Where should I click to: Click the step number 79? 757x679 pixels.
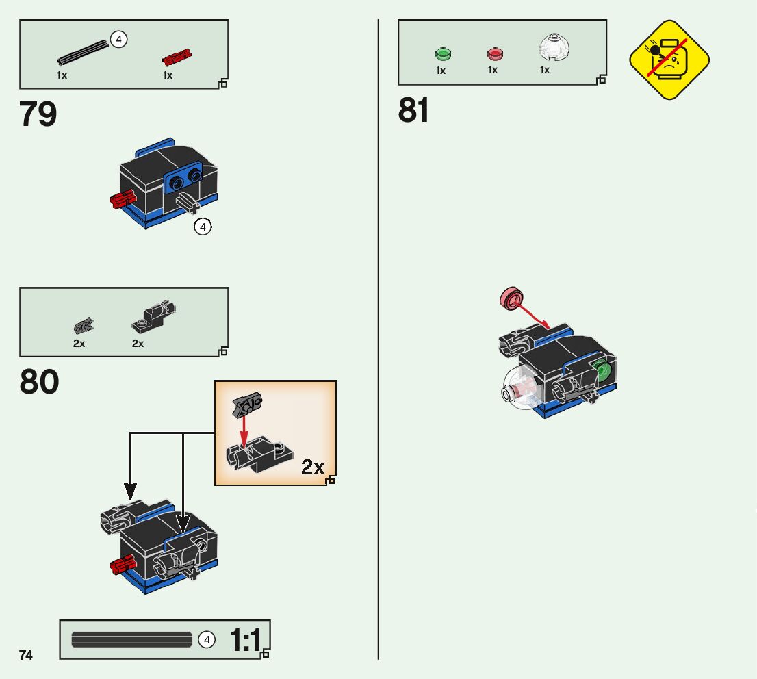click(38, 114)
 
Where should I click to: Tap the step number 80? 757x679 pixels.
click(39, 383)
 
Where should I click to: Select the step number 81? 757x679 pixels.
click(414, 110)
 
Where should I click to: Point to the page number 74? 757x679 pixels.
click(26, 655)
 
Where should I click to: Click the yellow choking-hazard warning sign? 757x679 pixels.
click(669, 60)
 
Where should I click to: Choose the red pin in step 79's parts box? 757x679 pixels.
click(176, 56)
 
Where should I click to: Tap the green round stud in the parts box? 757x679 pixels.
click(443, 53)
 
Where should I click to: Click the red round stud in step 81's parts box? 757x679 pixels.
click(494, 53)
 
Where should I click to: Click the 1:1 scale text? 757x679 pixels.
click(245, 641)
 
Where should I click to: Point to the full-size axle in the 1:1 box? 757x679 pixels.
click(131, 639)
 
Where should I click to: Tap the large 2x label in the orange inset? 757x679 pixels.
click(313, 467)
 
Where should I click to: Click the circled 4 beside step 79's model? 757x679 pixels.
click(203, 227)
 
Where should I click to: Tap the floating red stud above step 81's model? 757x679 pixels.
click(511, 298)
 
